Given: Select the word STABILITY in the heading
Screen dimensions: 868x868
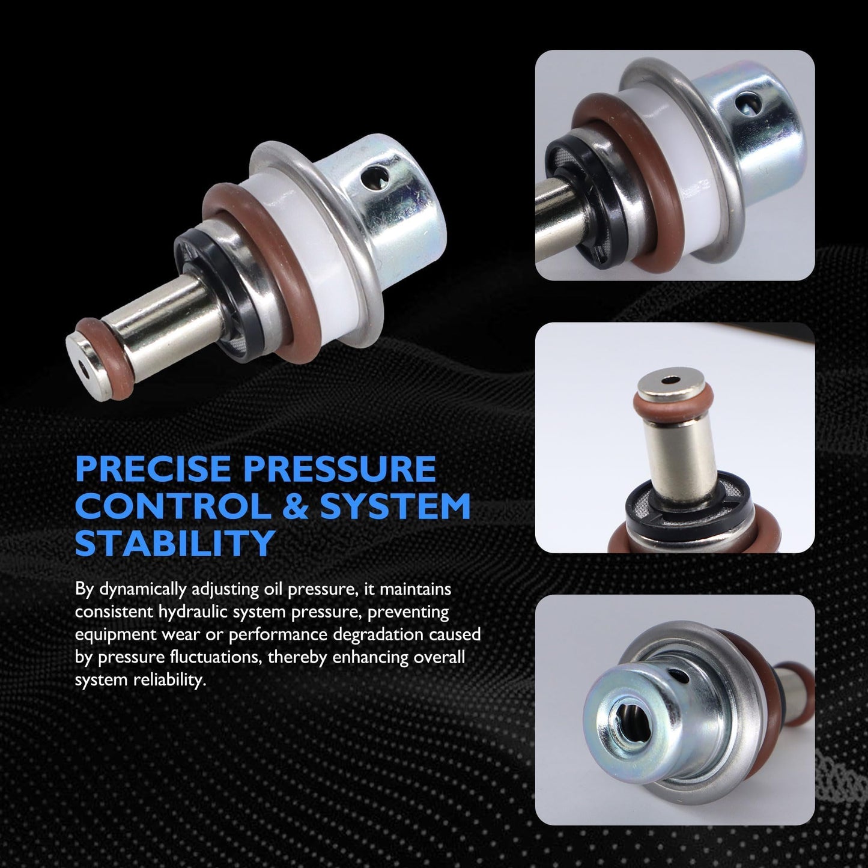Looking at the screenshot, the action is [x=175, y=543].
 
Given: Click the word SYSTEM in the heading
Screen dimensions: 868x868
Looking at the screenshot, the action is [x=391, y=506].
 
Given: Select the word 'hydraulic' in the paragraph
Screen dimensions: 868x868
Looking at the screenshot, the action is [x=192, y=613].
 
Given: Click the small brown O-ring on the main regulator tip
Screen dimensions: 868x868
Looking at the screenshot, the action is [x=107, y=358].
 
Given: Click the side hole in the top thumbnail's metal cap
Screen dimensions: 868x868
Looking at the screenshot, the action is [x=748, y=103].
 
